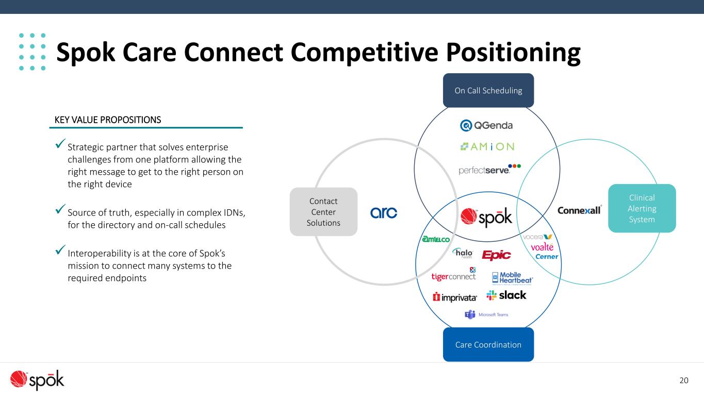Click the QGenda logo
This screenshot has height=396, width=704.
pos(486,125)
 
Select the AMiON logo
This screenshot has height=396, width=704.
pos(486,146)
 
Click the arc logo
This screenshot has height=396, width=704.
pos(384,212)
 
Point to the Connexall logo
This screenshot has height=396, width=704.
pos(580,210)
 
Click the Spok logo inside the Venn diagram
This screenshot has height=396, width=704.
pos(486,217)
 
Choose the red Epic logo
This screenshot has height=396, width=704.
pos(496,255)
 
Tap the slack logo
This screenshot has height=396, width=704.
pos(506,295)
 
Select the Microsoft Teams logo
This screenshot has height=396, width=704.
pos(487,315)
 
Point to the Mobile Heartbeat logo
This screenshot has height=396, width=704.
pos(512,278)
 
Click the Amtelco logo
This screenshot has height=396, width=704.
pos(436,239)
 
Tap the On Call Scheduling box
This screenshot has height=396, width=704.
pos(488,91)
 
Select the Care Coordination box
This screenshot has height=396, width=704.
pos(488,344)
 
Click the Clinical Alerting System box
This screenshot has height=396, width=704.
pos(642,208)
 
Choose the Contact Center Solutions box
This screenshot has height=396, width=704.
pos(323,212)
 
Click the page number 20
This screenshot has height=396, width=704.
pos(684,381)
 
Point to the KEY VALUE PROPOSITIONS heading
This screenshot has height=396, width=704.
pos(108,120)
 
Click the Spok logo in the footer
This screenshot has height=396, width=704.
pos(37,380)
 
